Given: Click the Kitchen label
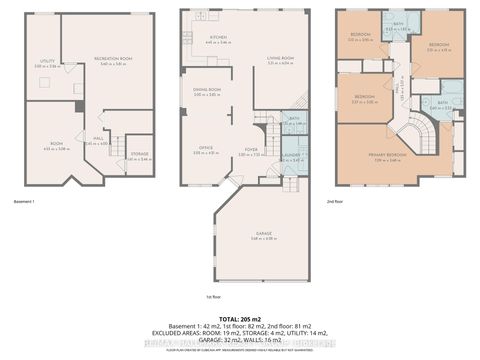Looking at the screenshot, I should tap(219, 38).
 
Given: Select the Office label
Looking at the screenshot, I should tap(205, 150).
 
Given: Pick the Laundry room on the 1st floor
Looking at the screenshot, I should tap(293, 156).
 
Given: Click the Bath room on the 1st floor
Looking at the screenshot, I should tap(294, 119).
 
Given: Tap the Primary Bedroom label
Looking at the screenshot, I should tap(374, 155).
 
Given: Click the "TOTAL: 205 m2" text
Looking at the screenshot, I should tap(239, 318).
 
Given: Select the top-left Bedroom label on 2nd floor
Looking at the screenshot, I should tap(361, 35).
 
